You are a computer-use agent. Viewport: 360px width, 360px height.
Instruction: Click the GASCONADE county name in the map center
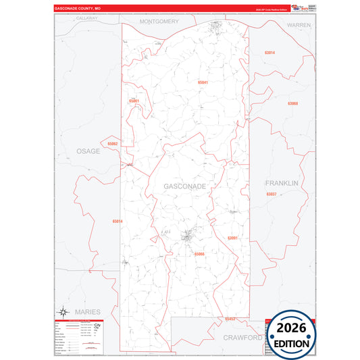184,186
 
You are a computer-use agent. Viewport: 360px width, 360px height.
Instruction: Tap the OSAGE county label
88,151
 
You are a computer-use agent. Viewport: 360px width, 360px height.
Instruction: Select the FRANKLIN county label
281,183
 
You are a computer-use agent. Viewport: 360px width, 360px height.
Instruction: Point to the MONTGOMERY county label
159,22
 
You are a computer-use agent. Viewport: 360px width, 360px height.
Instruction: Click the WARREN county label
298,24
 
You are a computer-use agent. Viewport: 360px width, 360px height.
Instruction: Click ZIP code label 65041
203,82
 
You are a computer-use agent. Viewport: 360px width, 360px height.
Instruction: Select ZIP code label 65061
134,101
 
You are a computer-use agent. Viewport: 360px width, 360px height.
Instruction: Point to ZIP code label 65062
112,144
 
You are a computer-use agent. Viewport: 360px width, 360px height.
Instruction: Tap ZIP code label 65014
118,221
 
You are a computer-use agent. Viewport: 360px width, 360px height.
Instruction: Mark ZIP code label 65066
199,254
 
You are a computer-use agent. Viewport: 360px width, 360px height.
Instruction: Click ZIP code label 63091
233,238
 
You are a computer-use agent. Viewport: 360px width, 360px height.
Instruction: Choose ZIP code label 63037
272,194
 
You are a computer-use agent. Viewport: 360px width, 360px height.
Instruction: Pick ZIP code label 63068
292,103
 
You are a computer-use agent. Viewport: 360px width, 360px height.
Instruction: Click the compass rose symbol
63,311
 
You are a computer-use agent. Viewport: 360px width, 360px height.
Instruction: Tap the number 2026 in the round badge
292,328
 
